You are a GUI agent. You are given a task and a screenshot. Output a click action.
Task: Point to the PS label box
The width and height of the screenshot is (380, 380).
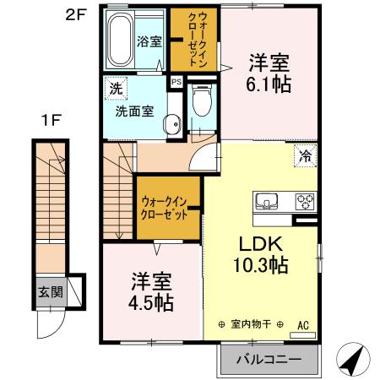[x=176, y=82]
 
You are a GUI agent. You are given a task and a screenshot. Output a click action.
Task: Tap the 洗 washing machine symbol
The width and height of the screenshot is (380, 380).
[x=112, y=87]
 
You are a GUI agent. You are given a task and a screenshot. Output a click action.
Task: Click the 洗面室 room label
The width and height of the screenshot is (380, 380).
[x=134, y=109]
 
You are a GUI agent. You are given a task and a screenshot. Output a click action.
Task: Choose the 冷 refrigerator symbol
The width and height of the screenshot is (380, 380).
[x=304, y=155]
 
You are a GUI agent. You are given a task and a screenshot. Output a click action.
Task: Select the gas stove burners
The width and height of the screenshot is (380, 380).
[x=303, y=202]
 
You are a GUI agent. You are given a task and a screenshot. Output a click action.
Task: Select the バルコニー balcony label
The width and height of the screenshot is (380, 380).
[x=268, y=360]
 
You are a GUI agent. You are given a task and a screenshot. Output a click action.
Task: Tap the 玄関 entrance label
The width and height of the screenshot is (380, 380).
[x=50, y=293]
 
